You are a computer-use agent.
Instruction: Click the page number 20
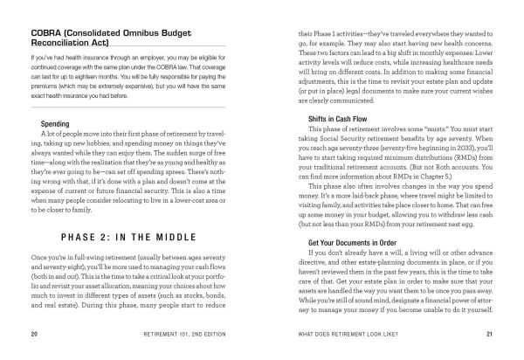31,334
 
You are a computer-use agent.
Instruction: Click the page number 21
492,334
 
